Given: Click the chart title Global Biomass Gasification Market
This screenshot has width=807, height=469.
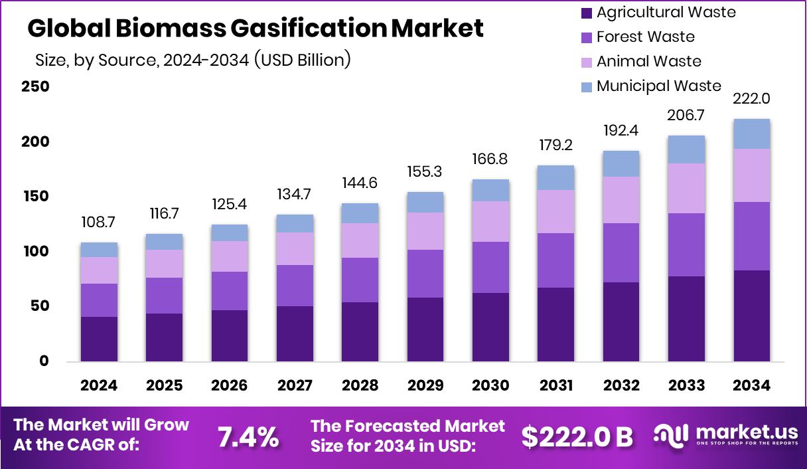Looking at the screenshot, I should coord(256,28).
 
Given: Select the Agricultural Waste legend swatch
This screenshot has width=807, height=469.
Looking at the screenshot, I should coord(587,13).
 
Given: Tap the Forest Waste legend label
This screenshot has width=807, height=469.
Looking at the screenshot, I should coord(645,37).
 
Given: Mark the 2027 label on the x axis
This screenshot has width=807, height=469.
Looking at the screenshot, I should coord(295,386).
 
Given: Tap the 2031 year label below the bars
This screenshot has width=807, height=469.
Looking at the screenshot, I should coord(555,386).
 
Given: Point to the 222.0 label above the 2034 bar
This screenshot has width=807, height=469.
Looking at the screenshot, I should coord(751,99).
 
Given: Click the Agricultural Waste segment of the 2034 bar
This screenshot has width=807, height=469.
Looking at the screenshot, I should coord(751,316).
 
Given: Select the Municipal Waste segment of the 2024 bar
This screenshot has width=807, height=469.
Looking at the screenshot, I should coord(99,250).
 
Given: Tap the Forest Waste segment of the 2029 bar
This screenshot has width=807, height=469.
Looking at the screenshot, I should coord(425,274).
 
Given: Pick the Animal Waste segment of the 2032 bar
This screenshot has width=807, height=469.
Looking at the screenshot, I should coord(621,200).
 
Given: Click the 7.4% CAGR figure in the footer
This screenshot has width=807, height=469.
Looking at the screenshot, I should coord(248,436).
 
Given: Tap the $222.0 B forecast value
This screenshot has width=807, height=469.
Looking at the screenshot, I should coord(577,436).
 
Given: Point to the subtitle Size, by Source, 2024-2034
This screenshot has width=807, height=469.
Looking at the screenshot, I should coord(192,60).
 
